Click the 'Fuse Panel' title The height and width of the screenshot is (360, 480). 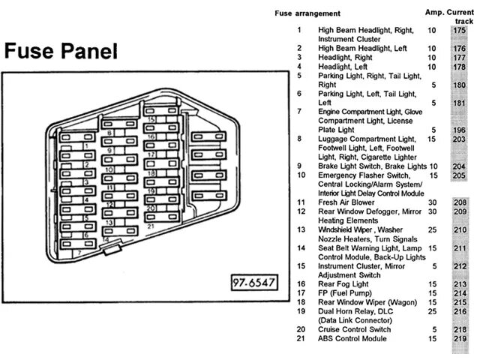[61, 51]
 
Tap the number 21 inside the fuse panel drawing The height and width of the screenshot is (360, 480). [151, 225]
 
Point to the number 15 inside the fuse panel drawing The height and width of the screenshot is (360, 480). [151, 118]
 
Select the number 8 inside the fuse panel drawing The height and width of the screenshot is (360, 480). [109, 133]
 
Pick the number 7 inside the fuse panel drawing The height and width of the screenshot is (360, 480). [79, 253]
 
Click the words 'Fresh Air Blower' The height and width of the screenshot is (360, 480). [347, 202]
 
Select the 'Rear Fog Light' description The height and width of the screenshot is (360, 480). [343, 283]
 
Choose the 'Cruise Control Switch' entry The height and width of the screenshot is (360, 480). [355, 329]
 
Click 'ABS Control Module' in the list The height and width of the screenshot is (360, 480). [352, 338]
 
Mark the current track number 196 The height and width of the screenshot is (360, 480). [459, 130]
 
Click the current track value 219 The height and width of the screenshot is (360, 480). [459, 338]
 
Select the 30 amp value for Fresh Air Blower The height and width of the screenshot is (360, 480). [431, 202]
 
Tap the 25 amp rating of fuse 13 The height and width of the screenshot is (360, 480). [431, 229]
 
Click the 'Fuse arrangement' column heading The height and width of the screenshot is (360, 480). [307, 13]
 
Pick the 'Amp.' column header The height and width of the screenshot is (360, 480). [435, 13]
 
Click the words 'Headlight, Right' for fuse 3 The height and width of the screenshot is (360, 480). [345, 57]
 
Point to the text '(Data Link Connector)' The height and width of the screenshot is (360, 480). [355, 320]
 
